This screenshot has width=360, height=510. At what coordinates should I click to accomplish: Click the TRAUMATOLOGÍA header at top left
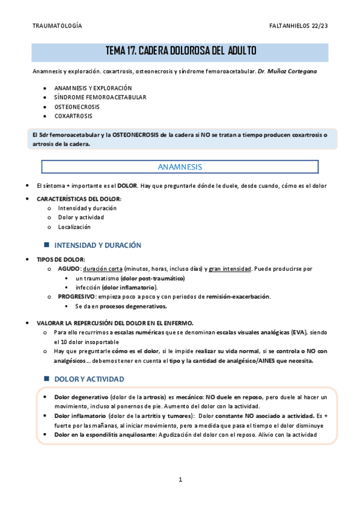[x=57, y=26]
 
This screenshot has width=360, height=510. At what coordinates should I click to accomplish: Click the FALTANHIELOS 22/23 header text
[x=299, y=26]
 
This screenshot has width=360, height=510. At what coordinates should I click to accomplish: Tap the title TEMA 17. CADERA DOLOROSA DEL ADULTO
[x=180, y=52]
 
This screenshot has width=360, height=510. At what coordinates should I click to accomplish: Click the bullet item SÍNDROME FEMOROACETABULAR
[x=100, y=97]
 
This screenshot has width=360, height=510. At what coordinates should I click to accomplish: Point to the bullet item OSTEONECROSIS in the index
[x=78, y=106]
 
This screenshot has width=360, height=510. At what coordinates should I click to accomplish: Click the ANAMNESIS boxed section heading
[x=179, y=167]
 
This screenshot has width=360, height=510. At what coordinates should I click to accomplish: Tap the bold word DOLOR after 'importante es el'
[x=127, y=186]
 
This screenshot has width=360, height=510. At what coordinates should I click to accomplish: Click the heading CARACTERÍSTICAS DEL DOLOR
[x=79, y=199]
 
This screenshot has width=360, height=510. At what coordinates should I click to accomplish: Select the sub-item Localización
[x=74, y=227]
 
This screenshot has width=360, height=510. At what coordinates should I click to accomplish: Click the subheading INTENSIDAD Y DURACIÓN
[x=97, y=245]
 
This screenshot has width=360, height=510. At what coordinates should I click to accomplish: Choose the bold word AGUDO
[x=69, y=269]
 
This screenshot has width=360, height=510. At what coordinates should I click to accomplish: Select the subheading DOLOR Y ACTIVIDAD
[x=89, y=379]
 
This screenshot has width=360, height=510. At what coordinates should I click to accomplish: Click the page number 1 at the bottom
[x=180, y=479]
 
